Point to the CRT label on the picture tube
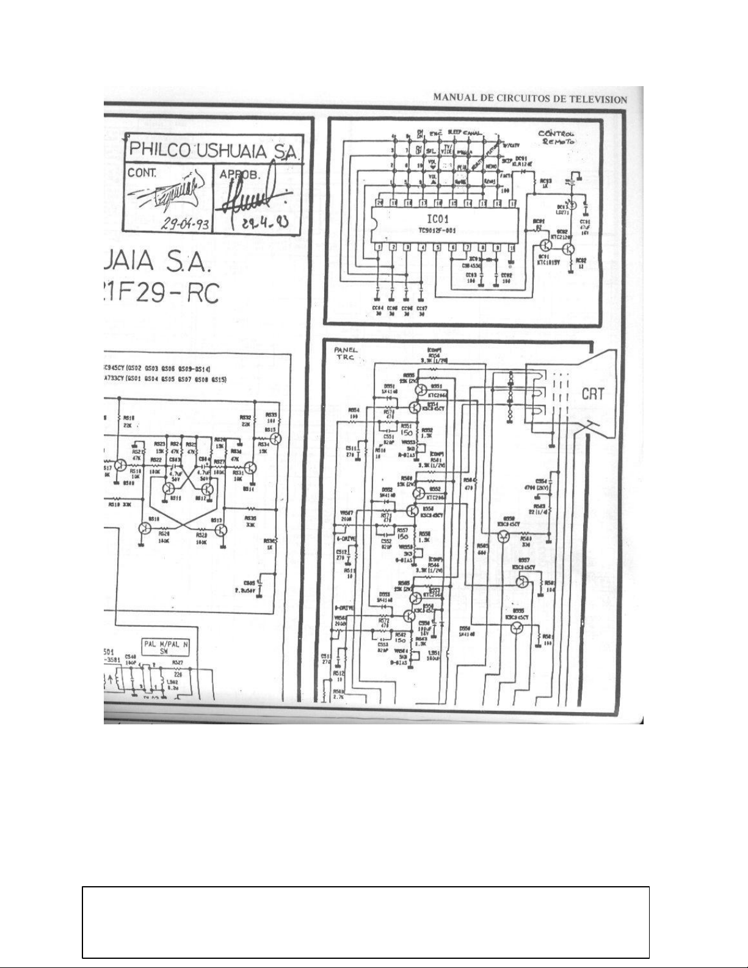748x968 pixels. pyautogui.click(x=593, y=394)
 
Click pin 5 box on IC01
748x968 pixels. pyautogui.click(x=437, y=247)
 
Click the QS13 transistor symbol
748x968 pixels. pyautogui.click(x=220, y=529)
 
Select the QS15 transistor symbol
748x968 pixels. pyautogui.click(x=277, y=438)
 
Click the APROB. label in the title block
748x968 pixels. pyautogui.click(x=235, y=173)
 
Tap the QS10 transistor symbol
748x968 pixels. pyautogui.click(x=145, y=529)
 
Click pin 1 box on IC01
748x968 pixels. pyautogui.click(x=378, y=247)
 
